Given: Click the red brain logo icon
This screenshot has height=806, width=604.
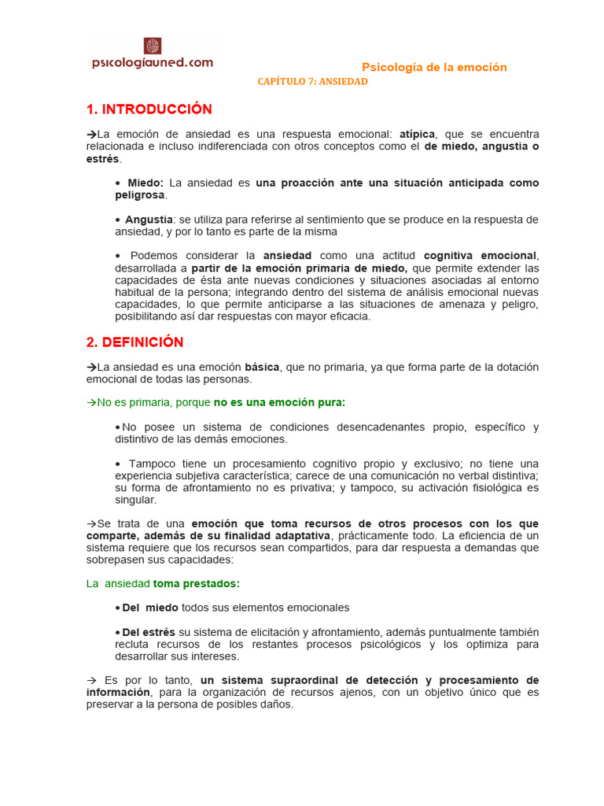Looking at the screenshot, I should (x=152, y=46).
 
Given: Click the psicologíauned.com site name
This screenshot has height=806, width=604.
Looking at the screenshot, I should (x=153, y=63).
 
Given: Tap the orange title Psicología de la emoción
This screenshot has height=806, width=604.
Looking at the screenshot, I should (x=434, y=68).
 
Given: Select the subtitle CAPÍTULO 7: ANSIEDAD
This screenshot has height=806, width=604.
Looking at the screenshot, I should (x=313, y=82).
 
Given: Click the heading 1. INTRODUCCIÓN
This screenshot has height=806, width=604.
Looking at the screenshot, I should (x=149, y=109).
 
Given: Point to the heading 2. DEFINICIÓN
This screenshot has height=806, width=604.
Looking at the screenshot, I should (x=135, y=342).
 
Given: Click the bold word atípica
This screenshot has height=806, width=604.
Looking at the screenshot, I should (x=417, y=135).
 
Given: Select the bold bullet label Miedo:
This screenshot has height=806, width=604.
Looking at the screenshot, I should (x=145, y=183).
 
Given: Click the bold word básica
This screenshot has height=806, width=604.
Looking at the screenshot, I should (x=262, y=367).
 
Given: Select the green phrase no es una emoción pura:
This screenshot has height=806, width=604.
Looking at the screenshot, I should (x=279, y=402).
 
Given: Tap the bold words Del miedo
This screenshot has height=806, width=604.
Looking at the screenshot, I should (x=150, y=608).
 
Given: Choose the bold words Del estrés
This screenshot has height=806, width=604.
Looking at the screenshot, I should (x=149, y=632).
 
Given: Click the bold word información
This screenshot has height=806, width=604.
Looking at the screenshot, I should (x=119, y=693).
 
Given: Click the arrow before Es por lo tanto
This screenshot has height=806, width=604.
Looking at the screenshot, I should (x=91, y=680).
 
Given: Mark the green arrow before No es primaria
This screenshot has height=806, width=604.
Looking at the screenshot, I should (x=91, y=402).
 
